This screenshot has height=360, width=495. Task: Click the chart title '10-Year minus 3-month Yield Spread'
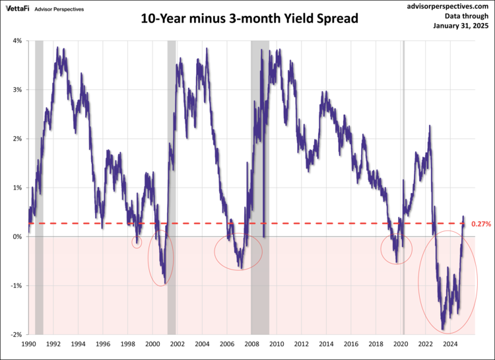[x=249, y=18]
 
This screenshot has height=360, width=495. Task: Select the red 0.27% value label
[x=482, y=224]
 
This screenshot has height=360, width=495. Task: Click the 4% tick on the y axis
[x=16, y=41]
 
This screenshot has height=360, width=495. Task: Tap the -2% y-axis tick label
[x=15, y=335]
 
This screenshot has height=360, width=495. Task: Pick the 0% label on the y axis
[x=16, y=236]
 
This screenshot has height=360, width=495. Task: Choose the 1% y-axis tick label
[x=16, y=188]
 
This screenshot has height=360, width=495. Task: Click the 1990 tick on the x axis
[x=28, y=344]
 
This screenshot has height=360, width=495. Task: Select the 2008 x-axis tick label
[x=251, y=344]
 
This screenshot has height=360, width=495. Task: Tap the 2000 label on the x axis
[x=152, y=344]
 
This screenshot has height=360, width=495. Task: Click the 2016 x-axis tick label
[x=350, y=344]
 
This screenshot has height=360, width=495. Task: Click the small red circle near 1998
[x=137, y=242]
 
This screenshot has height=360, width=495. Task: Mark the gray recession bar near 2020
[x=403, y=132]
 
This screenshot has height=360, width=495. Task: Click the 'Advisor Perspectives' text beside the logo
[x=59, y=9]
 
